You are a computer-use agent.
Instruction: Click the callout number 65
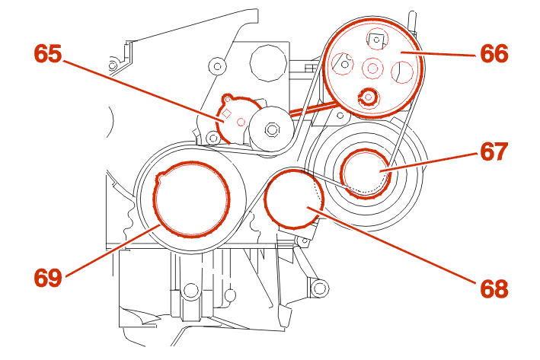48,54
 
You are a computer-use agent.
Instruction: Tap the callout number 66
494,54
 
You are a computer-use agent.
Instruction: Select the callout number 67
494,151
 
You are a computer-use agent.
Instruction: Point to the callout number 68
494,288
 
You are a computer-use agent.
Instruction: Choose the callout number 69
48,277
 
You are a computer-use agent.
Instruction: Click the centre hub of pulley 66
372,68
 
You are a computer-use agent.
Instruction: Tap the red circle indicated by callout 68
294,199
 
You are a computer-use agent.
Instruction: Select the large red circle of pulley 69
191,199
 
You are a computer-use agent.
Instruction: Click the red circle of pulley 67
366,173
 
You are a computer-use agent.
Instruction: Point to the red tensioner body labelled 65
236,118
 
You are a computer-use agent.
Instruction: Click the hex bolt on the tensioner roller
272,129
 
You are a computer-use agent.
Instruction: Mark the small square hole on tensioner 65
227,113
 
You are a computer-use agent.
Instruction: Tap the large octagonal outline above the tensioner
268,63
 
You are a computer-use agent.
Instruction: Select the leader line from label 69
112,250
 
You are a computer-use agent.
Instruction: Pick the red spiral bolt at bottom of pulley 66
369,97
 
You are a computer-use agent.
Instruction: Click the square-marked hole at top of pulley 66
376,40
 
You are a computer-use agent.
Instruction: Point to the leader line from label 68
391,245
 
